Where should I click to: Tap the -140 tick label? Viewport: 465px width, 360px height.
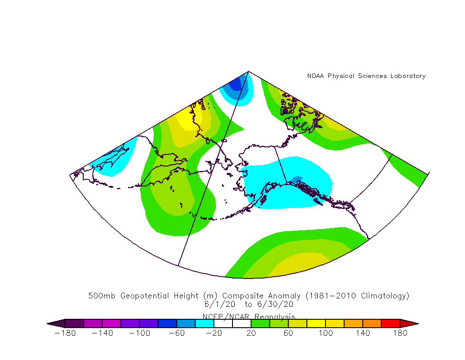tap(102, 333)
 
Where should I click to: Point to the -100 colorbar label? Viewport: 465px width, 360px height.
tap(139, 333)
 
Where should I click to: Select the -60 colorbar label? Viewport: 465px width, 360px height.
tap(177, 333)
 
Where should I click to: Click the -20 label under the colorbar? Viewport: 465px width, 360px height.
tap(214, 333)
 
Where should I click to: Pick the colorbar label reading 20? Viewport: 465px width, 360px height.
tap(251, 333)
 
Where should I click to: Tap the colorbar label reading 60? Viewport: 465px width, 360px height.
tap(288, 333)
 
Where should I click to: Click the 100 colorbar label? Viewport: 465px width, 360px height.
tap(325, 333)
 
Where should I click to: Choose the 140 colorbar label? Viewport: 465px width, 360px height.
tap(363, 333)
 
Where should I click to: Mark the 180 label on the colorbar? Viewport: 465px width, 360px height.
tap(400, 333)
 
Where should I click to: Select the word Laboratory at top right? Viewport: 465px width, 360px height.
tap(408, 76)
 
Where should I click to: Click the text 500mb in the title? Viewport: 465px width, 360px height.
tap(103, 296)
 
